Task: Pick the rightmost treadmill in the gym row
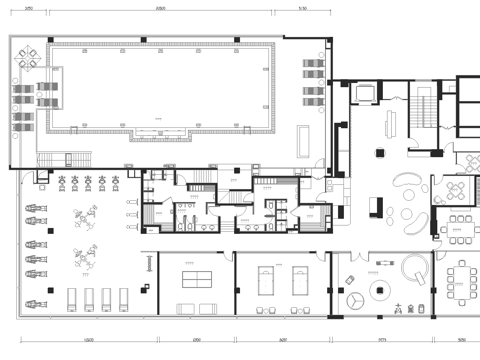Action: (124, 297)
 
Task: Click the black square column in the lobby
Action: (380, 152)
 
